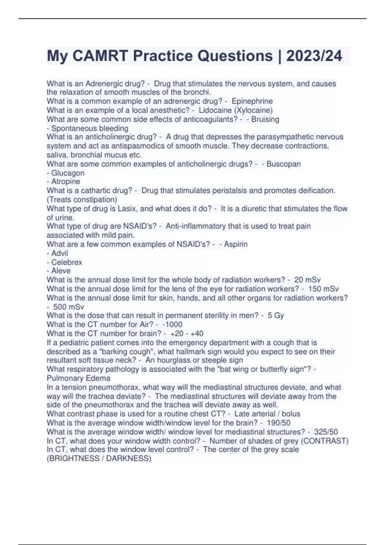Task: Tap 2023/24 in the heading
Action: point(314,56)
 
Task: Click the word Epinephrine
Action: point(252,101)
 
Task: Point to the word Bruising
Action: point(265,119)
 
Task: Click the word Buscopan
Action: point(284,164)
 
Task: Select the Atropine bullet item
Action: point(65,181)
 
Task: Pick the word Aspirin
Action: point(235,244)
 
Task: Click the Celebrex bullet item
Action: point(66,262)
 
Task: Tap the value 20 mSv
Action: point(307,280)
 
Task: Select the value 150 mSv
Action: point(323,289)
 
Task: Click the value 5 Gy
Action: point(276,315)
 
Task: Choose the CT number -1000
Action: point(173,324)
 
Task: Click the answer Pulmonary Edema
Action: point(79,378)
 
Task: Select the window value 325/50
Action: point(326,432)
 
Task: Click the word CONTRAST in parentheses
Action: point(326,441)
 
